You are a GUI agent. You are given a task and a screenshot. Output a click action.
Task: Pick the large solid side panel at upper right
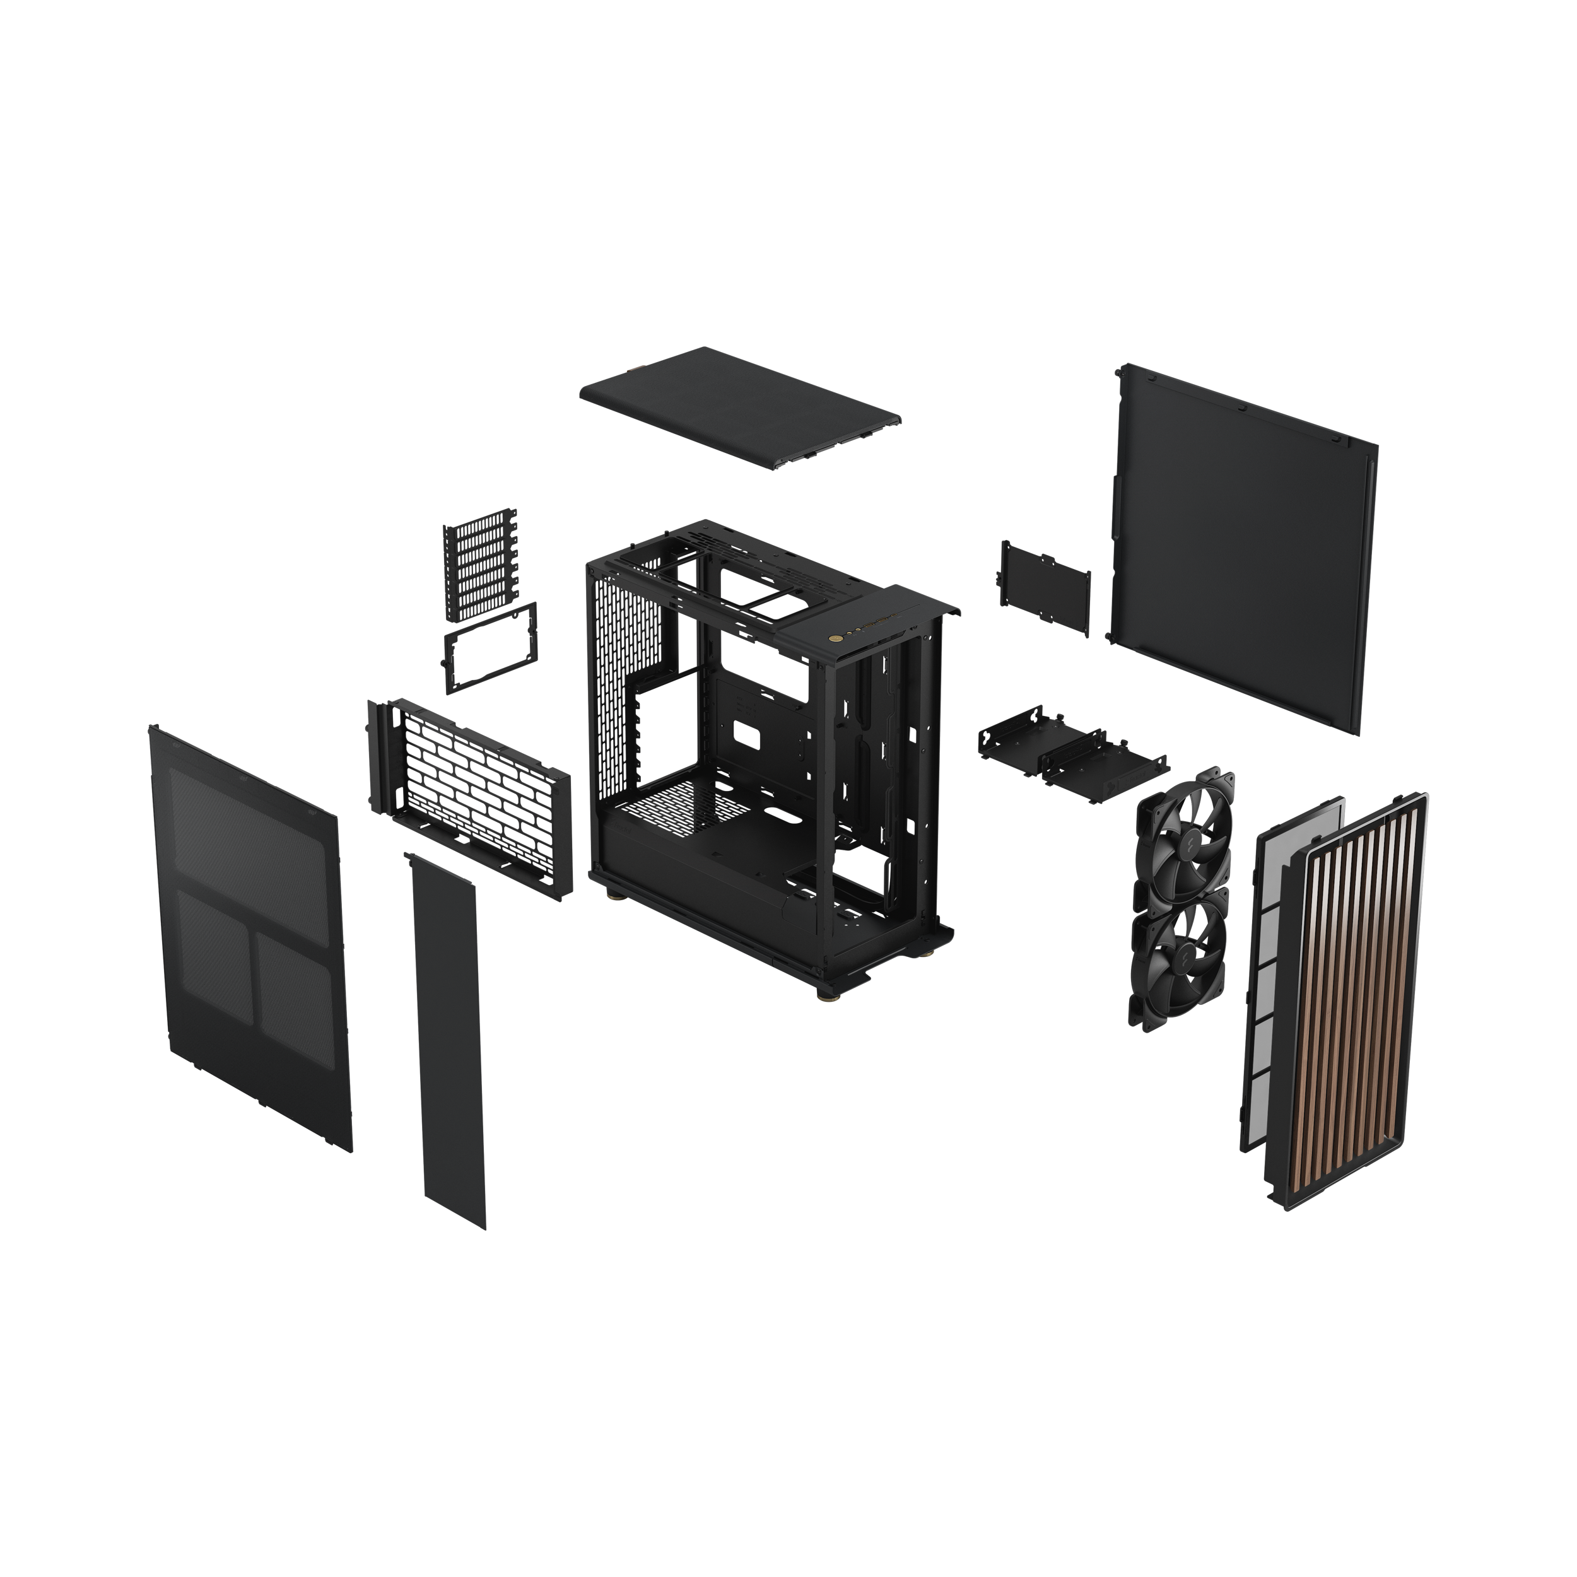[1241, 547]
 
